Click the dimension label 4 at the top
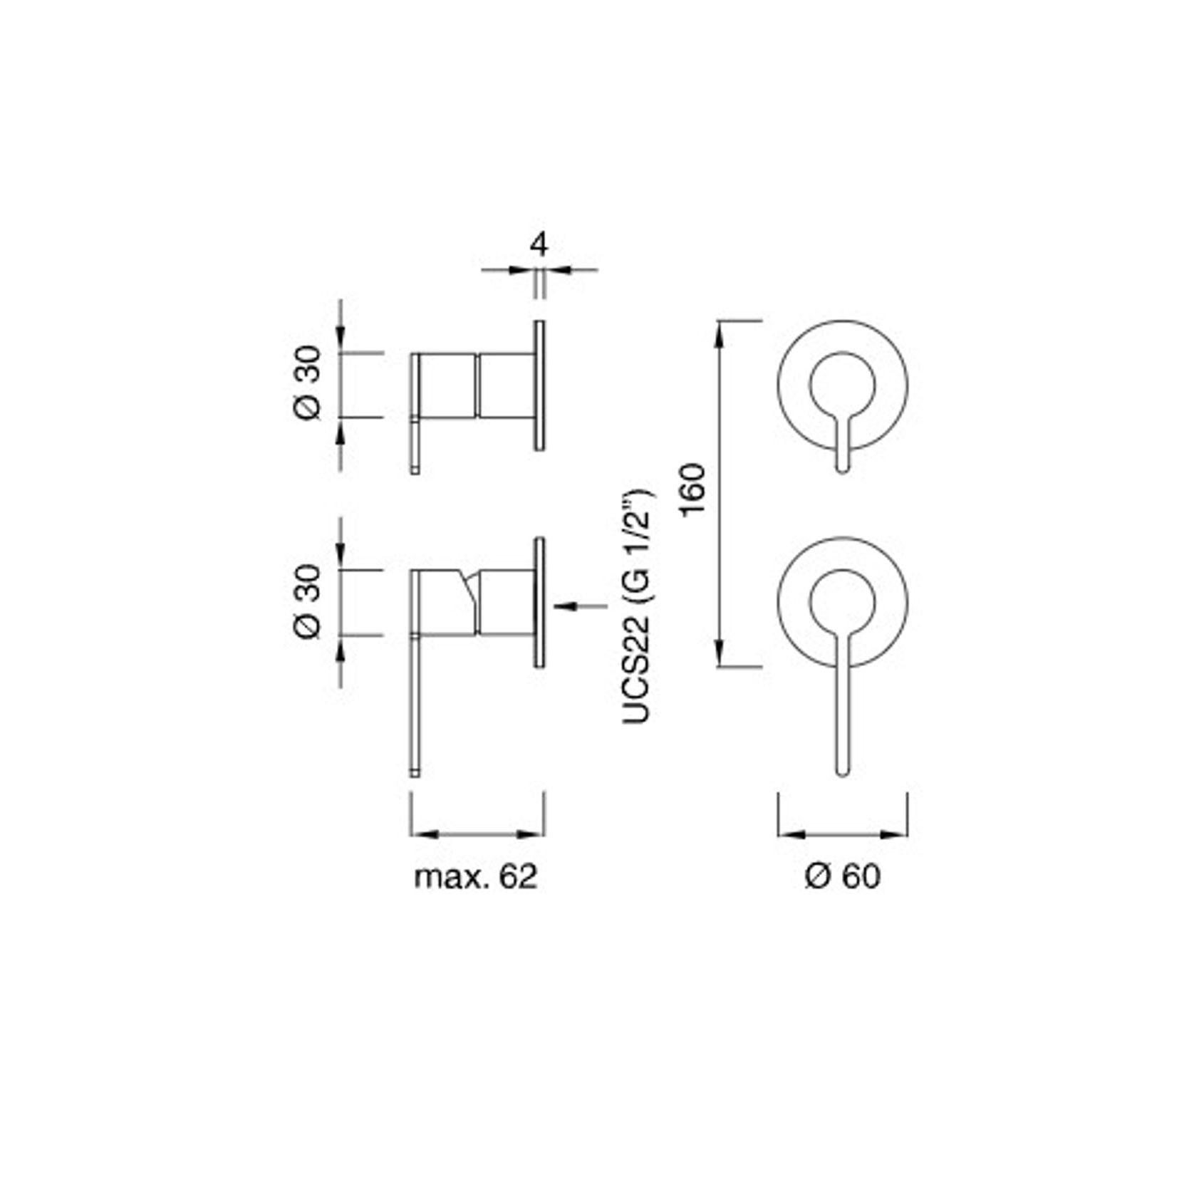click(539, 244)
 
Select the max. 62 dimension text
click(476, 877)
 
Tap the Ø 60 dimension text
click(842, 877)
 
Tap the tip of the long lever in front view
click(842, 770)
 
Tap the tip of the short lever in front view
click(842, 468)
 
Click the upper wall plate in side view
click(539, 385)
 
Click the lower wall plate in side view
click(539, 602)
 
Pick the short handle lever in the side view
click(415, 442)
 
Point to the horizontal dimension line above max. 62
click(476, 834)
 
